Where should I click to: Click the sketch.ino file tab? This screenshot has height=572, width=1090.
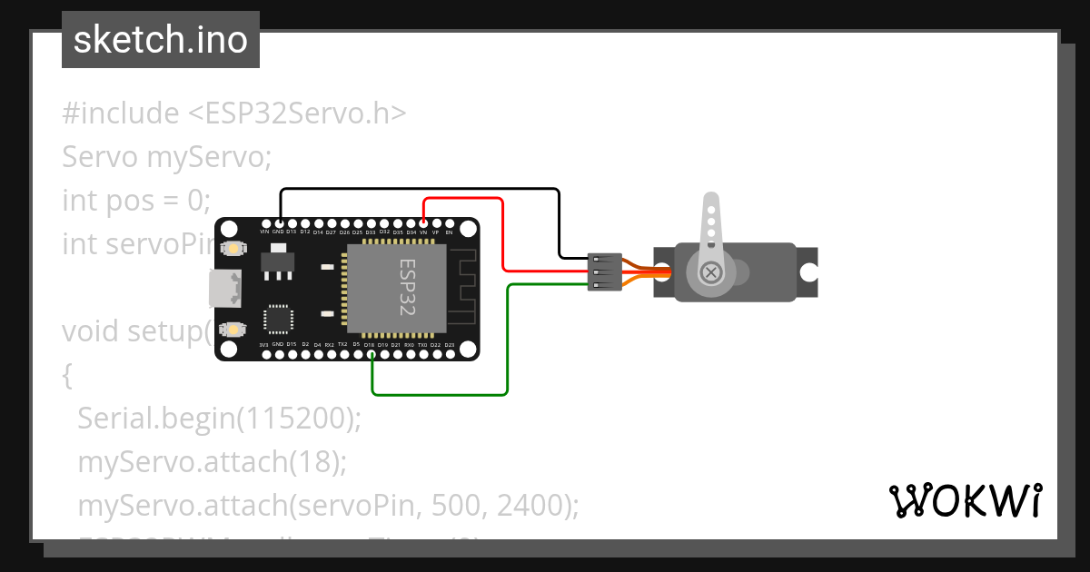pos(161,40)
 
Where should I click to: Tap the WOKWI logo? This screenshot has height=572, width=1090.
pos(965,500)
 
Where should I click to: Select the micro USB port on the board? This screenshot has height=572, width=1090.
pos(224,288)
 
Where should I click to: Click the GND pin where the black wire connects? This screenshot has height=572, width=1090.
pos(279,223)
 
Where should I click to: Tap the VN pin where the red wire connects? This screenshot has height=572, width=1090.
pos(423,223)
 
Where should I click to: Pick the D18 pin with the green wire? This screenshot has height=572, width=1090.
pos(371,353)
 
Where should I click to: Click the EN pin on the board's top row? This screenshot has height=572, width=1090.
pos(449,223)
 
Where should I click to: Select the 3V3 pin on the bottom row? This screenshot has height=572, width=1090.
pos(264,353)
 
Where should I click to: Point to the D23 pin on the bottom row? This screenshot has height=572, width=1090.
pos(449,353)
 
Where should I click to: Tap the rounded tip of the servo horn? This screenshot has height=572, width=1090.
pos(712,201)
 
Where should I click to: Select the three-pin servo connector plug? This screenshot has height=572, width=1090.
pos(604,272)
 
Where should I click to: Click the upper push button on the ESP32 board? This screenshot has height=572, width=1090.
pos(233,248)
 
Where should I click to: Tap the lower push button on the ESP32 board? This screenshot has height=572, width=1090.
pos(233,329)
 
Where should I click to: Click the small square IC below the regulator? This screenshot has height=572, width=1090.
pos(277,319)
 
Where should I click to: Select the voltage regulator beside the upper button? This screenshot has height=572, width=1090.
pos(278,261)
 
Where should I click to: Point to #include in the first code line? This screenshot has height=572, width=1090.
pos(121,113)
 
